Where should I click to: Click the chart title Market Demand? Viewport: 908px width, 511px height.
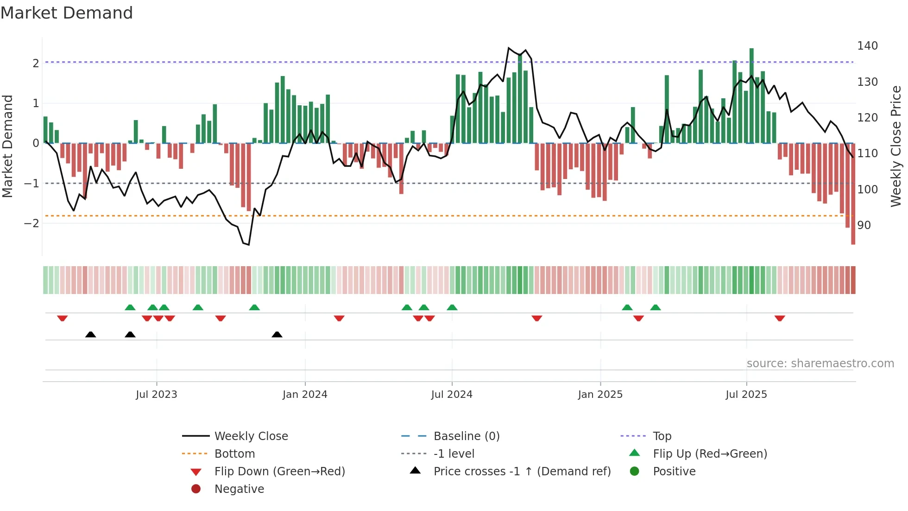click(67, 13)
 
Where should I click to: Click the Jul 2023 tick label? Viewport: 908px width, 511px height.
click(157, 395)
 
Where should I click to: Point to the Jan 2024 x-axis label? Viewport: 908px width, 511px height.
click(305, 395)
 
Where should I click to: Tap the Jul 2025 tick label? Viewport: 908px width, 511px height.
click(746, 395)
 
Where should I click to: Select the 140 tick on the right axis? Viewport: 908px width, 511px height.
click(867, 46)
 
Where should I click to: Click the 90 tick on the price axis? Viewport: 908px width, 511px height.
click(864, 225)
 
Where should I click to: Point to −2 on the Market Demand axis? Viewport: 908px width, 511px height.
click(32, 224)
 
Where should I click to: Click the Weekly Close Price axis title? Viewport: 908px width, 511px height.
click(896, 146)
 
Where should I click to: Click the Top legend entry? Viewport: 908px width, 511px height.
click(662, 436)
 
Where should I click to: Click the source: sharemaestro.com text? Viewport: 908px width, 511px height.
click(820, 364)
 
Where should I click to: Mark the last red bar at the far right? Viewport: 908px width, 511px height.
click(853, 195)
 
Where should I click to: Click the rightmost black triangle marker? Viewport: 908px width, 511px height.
click(277, 335)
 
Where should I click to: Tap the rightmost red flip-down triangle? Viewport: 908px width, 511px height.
click(780, 318)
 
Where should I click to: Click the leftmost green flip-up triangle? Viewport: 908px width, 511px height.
click(130, 307)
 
